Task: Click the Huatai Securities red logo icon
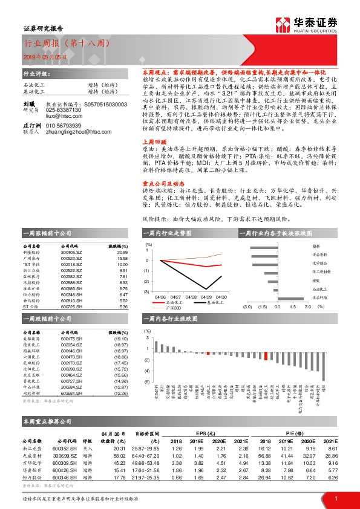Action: coord(283,24)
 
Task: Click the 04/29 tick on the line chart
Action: coord(205,297)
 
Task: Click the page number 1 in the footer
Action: coord(336,499)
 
